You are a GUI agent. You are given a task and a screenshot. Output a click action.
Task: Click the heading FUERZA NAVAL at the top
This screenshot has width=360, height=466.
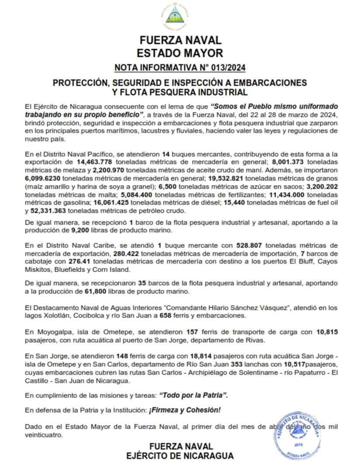180,41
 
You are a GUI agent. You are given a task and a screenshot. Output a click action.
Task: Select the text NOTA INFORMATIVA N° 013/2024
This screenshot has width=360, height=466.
180,68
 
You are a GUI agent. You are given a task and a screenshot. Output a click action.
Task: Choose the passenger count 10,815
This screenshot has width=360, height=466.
326,332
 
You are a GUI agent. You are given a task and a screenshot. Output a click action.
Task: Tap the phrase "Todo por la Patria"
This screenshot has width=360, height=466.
194,396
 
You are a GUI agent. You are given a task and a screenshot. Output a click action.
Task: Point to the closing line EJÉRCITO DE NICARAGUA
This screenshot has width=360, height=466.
180,456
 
